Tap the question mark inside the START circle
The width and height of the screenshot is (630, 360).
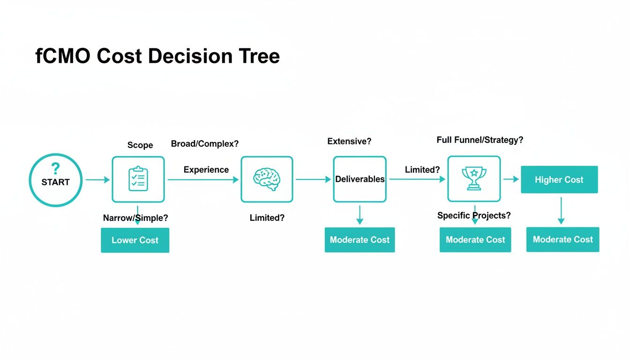(55, 168)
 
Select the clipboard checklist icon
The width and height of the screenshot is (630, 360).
(138, 179)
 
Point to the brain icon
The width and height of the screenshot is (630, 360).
(266, 179)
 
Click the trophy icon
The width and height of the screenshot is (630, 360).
(474, 179)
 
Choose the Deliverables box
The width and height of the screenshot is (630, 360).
(360, 179)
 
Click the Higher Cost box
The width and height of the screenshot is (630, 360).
(559, 180)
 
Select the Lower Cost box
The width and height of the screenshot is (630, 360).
(135, 240)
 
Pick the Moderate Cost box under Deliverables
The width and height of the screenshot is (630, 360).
(360, 240)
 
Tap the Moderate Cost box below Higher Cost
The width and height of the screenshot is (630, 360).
(562, 240)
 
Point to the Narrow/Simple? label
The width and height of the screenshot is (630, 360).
(135, 217)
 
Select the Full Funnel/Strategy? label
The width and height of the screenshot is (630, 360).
(480, 140)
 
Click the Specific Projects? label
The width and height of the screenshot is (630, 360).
(474, 216)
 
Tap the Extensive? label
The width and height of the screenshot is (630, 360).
(349, 141)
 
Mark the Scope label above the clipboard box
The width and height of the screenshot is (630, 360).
(140, 145)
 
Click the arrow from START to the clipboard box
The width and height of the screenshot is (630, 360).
(97, 180)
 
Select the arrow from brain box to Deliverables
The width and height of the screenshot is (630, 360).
(313, 179)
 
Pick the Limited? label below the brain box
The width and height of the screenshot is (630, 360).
(267, 217)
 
